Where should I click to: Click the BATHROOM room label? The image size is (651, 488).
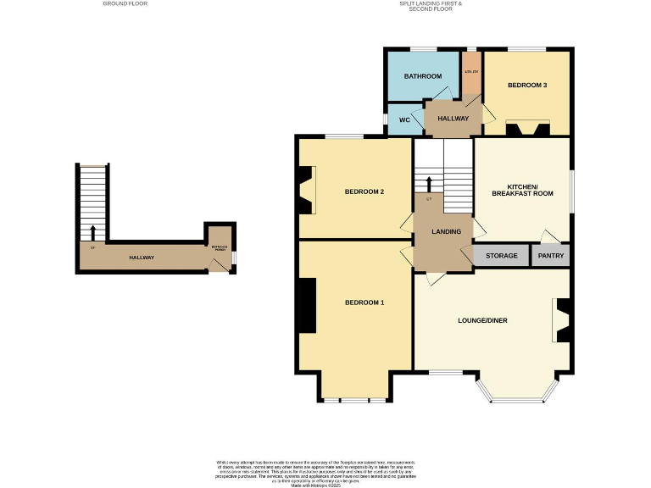point(423,76)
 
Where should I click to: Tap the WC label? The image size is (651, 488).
point(404,120)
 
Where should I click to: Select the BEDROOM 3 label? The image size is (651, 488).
point(527,86)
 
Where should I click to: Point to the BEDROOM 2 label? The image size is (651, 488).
point(364,191)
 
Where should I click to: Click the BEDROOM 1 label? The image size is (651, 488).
point(364,302)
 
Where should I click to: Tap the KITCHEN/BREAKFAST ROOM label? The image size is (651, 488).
point(530,190)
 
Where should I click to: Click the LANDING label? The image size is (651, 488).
point(446,231)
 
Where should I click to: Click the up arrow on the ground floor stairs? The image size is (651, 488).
point(92,231)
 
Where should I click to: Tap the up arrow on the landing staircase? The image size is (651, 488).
point(429,184)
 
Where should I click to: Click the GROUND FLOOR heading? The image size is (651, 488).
point(125,4)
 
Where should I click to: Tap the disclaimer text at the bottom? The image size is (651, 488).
point(325,471)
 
